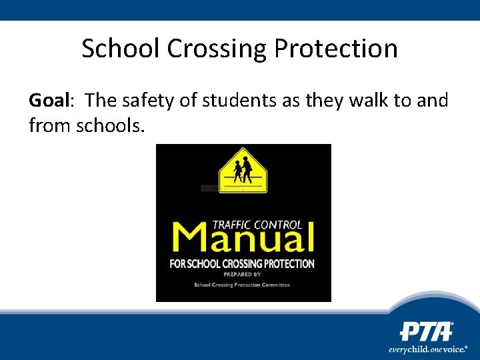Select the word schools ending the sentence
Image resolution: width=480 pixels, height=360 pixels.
tap(109, 124)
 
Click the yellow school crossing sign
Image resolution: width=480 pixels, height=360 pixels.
tap(243, 171)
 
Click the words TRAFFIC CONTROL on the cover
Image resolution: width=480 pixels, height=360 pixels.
tap(257, 225)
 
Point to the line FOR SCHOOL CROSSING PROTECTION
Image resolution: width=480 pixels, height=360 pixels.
tap(242, 264)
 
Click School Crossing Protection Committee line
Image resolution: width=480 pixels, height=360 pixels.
tap(242, 285)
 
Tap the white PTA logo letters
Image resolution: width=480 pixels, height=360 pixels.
tap(426, 331)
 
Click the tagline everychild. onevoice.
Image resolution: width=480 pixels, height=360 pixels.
tap(429, 349)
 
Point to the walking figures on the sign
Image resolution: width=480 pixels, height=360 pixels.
tap(243, 170)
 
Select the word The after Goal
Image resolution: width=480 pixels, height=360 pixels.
tap(101, 101)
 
